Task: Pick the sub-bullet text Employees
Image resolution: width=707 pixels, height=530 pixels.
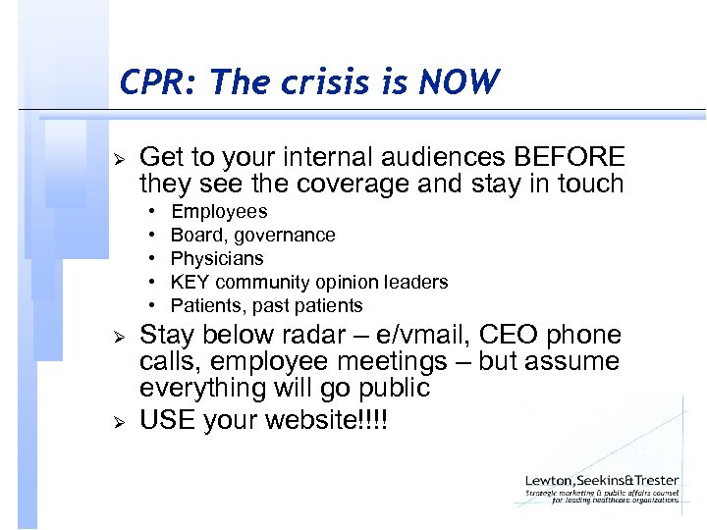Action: pos(219,212)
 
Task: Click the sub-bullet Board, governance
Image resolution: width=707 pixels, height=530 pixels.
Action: pos(252,236)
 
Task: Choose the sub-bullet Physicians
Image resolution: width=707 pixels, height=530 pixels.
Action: pos(217,259)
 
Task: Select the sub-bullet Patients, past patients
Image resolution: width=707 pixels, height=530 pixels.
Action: pos(266,306)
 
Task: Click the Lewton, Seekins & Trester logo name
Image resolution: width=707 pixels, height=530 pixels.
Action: pos(602,481)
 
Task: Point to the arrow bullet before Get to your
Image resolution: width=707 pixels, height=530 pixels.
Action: pos(117,158)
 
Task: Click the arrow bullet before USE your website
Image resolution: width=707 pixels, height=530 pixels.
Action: pos(117,422)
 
